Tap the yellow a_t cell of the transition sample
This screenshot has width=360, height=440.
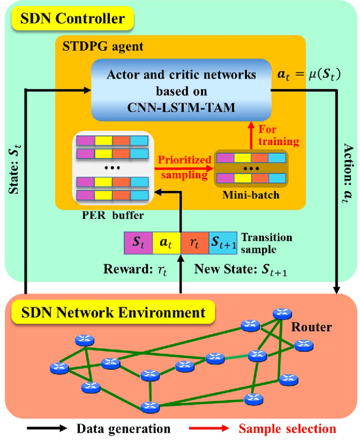166,242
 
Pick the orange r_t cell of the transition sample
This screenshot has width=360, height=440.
194,242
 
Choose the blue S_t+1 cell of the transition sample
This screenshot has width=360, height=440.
223,242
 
